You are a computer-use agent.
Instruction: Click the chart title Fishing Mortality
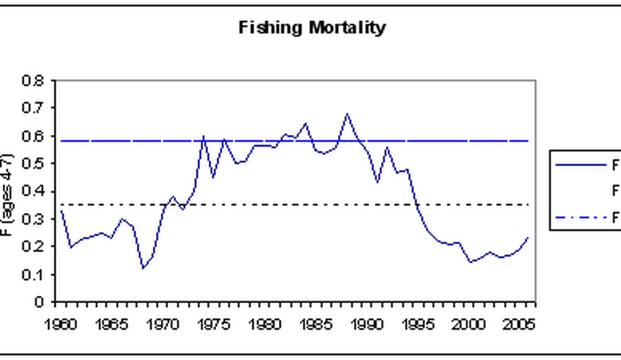pos(312,27)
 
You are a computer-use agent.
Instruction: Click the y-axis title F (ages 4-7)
pos(6,194)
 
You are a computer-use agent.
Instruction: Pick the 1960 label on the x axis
pos(61,324)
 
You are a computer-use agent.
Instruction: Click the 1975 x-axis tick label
pos(214,324)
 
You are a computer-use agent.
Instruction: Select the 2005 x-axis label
pos(519,324)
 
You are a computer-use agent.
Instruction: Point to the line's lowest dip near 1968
pos(143,268)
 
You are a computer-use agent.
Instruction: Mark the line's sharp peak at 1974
pos(203,137)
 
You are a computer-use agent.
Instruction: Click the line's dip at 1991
pos(377,182)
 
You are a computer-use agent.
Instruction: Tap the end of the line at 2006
pos(528,238)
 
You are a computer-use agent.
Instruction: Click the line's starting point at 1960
pos(61,210)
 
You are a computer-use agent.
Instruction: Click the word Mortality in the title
pos(347,27)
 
